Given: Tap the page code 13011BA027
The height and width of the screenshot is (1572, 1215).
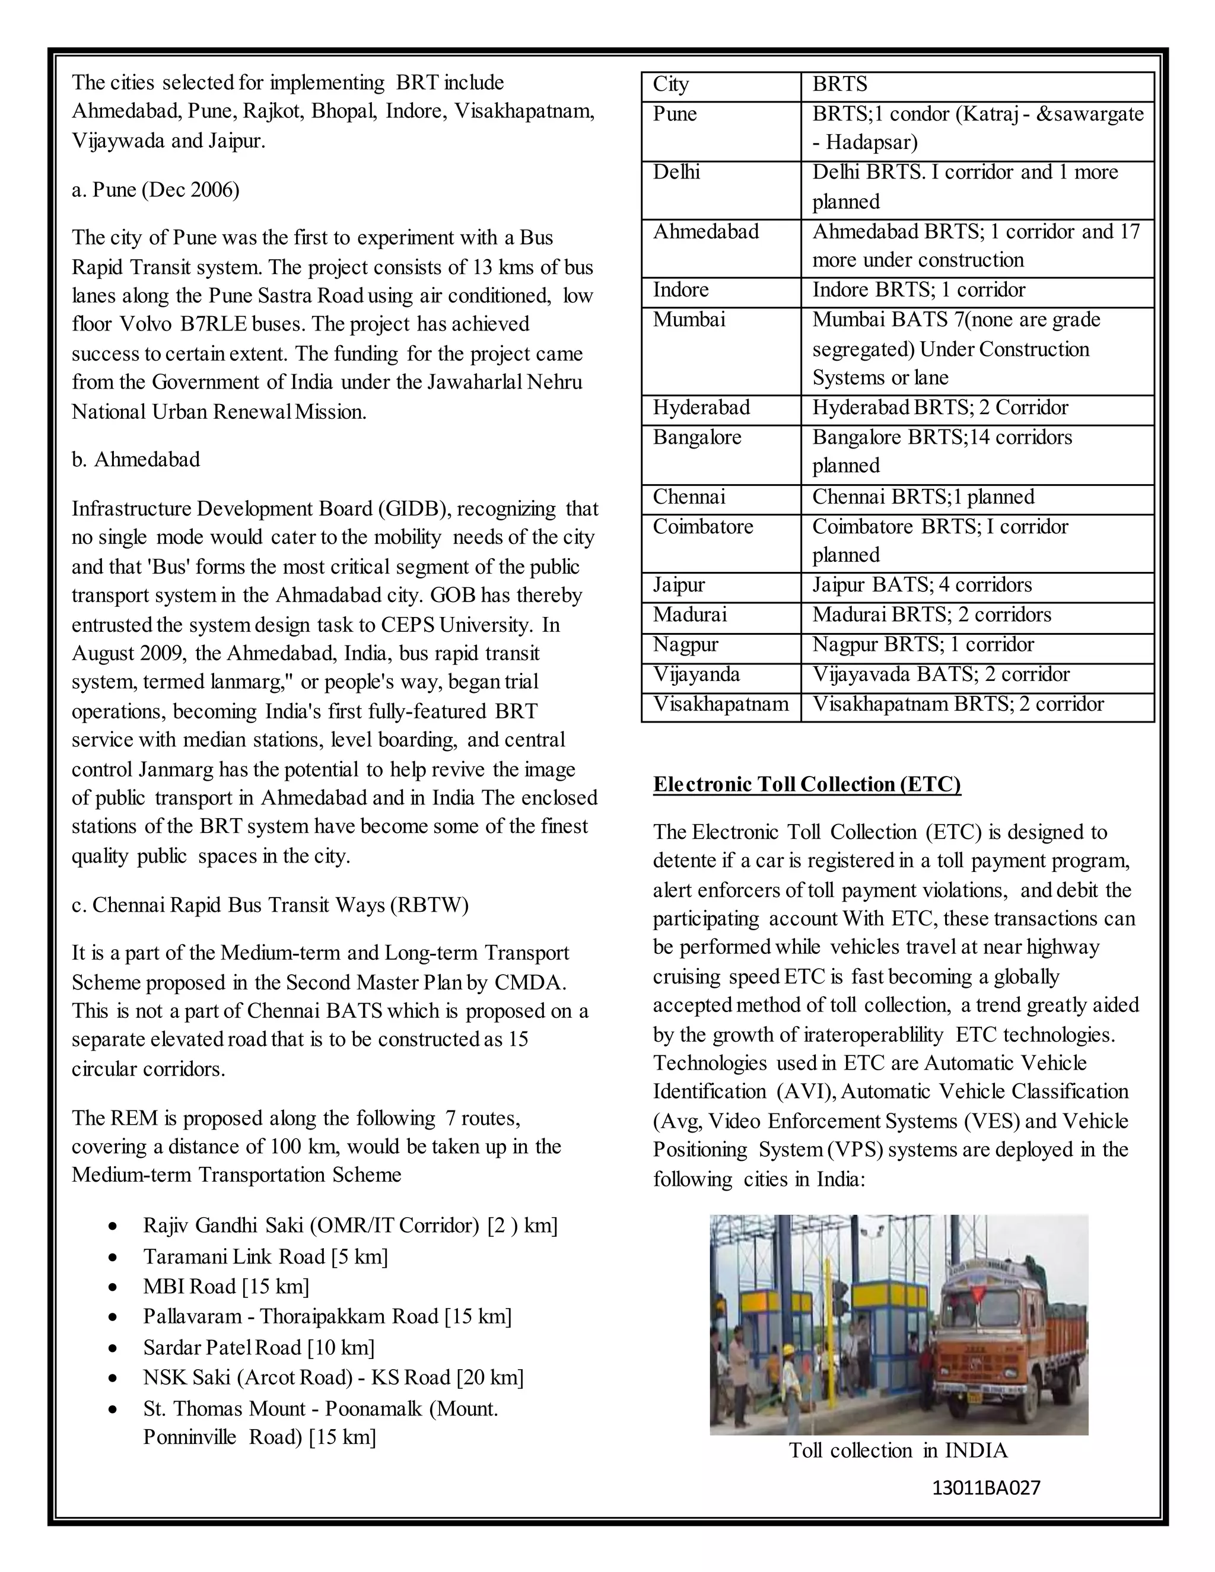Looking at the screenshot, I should click(985, 1488).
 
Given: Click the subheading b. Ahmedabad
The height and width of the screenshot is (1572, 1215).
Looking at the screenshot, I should click(136, 459).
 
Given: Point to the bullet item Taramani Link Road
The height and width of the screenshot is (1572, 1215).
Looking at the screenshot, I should click(265, 1257).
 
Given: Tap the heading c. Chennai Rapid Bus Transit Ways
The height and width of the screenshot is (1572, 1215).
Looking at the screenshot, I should click(270, 905).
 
